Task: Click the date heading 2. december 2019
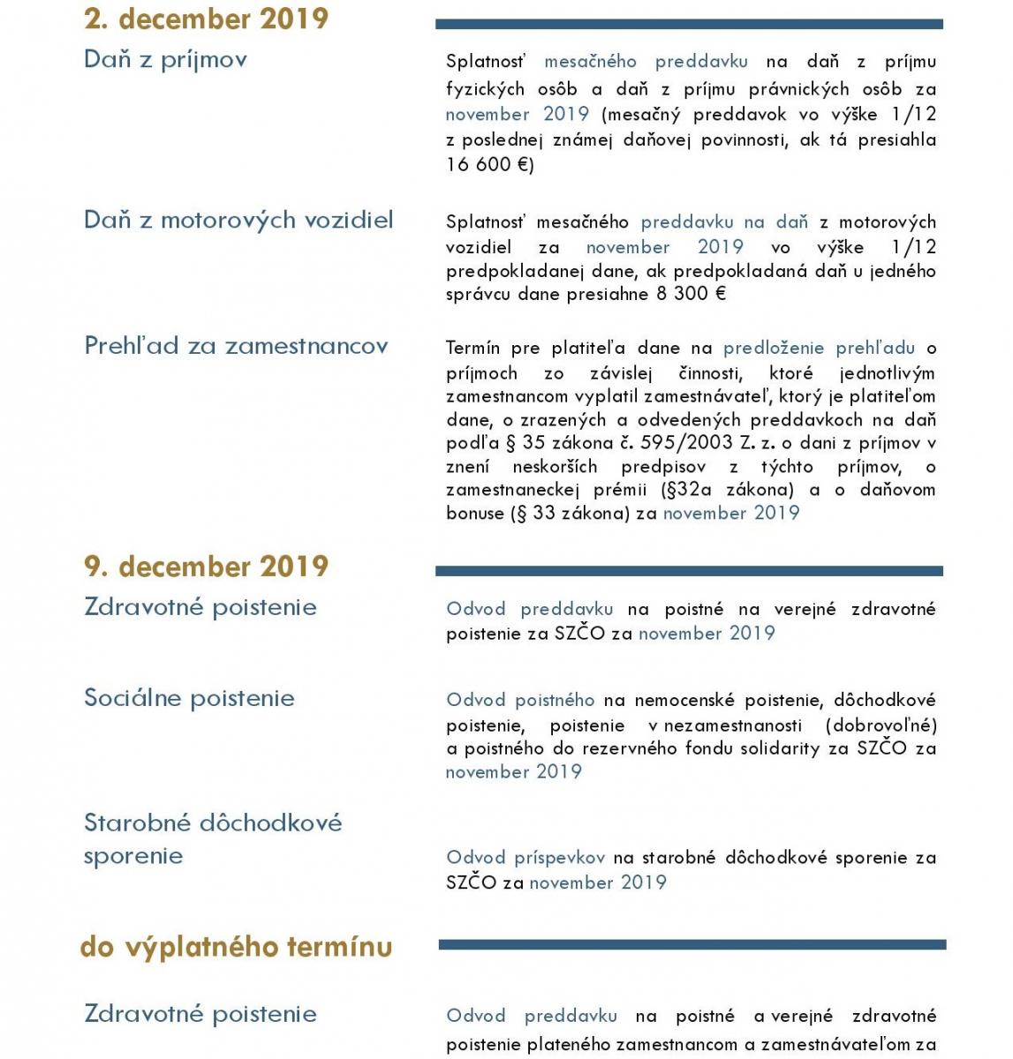pos(206,19)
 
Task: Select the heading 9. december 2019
pos(206,566)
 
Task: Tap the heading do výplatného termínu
pos(236,947)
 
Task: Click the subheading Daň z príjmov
pos(165,59)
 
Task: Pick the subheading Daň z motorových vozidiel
pos(238,220)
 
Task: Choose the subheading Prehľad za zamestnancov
pos(236,346)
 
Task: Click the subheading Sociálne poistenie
pos(189,698)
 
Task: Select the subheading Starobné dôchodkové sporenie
pos(212,838)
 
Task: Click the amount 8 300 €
pos(691,294)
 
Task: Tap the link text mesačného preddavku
pos(646,61)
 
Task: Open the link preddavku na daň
pos(724,222)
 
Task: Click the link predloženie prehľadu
pos(819,348)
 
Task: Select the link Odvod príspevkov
pos(525,857)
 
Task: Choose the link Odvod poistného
pos(520,700)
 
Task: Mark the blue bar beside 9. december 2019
pos(689,571)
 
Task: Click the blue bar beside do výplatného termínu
pos(692,945)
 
